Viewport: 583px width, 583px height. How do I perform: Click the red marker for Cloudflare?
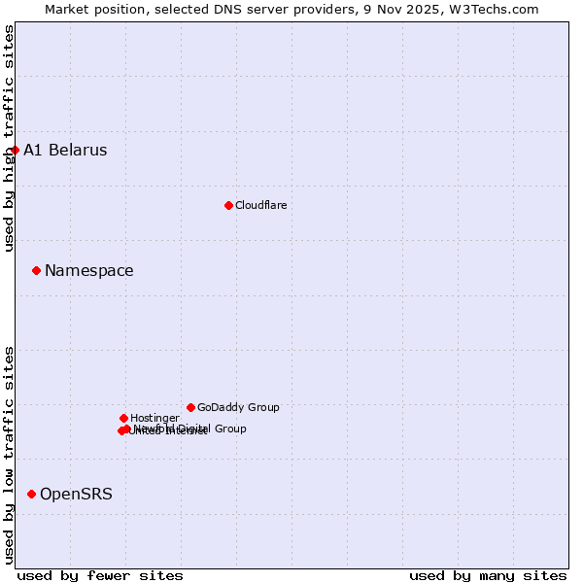[228, 205]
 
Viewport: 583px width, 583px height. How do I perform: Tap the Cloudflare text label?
[260, 205]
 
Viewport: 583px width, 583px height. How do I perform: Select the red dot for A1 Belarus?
[15, 150]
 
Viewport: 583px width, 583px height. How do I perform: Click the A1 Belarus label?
[65, 151]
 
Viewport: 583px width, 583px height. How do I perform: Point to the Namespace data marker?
[36, 270]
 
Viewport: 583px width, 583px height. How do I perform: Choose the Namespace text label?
[89, 271]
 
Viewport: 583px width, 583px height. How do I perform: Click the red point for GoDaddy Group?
[190, 407]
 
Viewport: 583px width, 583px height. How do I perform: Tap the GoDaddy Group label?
[238, 407]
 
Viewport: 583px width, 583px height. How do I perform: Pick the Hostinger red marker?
[123, 418]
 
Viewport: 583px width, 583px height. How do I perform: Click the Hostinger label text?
[154, 418]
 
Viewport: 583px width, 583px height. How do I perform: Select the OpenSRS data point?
[31, 494]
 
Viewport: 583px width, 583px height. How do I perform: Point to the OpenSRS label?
[76, 495]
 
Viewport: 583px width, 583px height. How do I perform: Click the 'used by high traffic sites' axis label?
[9, 138]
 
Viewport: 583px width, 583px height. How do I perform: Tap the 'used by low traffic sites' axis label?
[9, 455]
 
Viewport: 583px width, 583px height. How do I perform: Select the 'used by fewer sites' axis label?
[100, 575]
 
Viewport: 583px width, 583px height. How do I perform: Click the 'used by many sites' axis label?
[488, 575]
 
